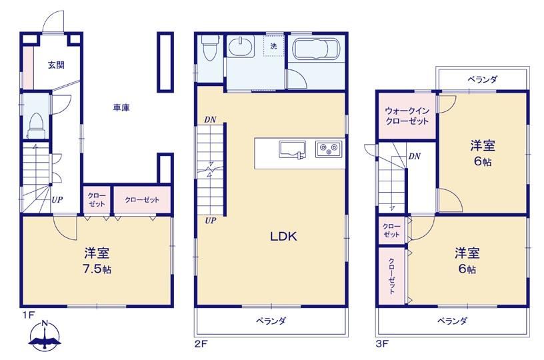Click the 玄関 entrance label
(56, 65)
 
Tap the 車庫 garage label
(121, 108)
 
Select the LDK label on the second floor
(283, 236)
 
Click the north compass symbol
(45, 335)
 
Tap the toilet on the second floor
(211, 48)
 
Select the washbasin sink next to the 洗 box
(241, 46)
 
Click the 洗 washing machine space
(273, 45)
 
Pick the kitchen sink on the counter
(292, 150)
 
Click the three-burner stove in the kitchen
(329, 149)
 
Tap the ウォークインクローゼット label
(407, 116)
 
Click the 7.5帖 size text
(97, 269)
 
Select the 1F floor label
(29, 315)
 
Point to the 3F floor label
(382, 344)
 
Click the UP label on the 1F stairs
(57, 200)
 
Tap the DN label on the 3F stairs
(414, 157)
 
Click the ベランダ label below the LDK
(271, 321)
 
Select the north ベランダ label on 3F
(482, 79)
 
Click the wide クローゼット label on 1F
(142, 200)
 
